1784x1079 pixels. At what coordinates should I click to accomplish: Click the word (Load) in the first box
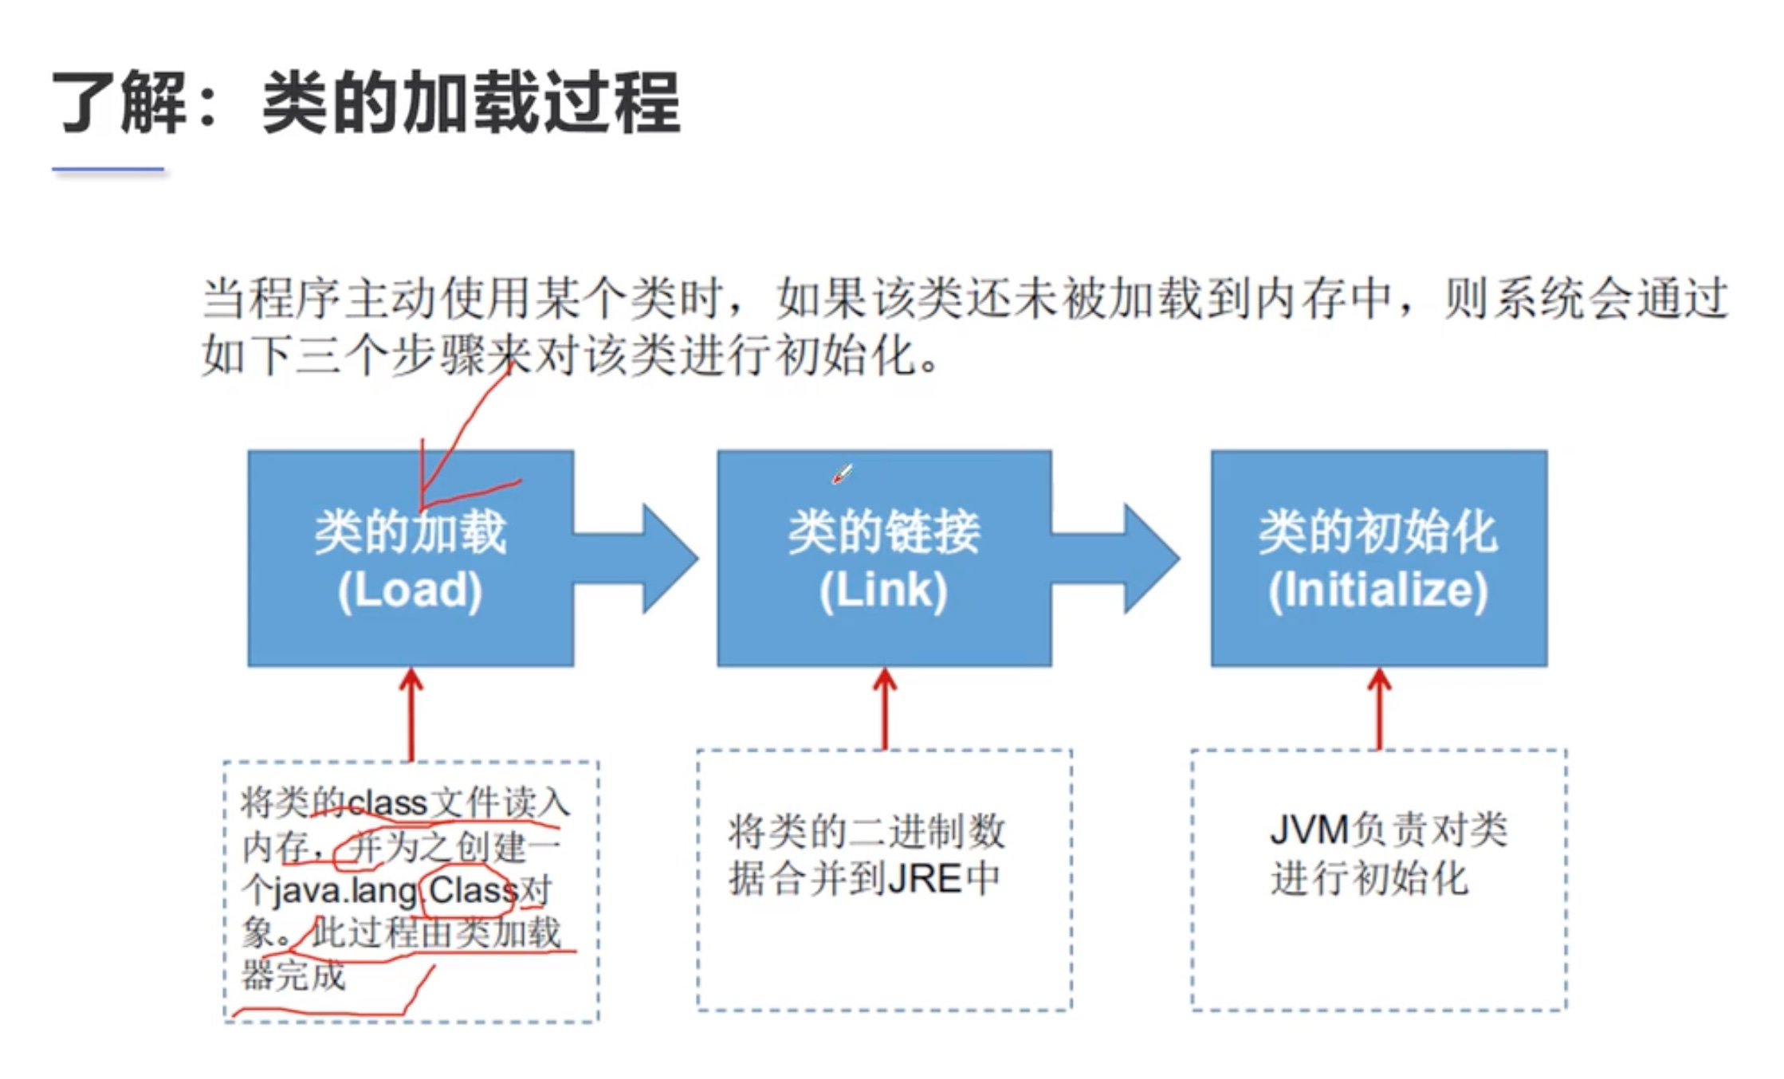pos(410,591)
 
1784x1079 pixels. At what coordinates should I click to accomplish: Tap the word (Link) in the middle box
pos(883,591)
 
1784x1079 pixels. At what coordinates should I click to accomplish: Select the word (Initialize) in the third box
pos(1378,591)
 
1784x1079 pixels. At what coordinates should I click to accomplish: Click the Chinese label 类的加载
pos(410,532)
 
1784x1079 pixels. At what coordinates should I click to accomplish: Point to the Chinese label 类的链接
pos(883,532)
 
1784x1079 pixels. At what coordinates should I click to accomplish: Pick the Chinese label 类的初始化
pos(1378,532)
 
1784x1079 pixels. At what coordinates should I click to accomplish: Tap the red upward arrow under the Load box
pos(411,713)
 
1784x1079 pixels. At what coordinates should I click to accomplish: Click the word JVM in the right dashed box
pos(1308,831)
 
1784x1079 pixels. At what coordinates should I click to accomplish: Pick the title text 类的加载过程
pos(470,103)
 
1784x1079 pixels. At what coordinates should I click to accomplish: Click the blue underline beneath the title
pos(108,169)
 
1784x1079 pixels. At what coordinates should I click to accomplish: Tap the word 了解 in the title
pos(120,103)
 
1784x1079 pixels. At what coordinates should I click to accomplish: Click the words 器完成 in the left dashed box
pos(293,976)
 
